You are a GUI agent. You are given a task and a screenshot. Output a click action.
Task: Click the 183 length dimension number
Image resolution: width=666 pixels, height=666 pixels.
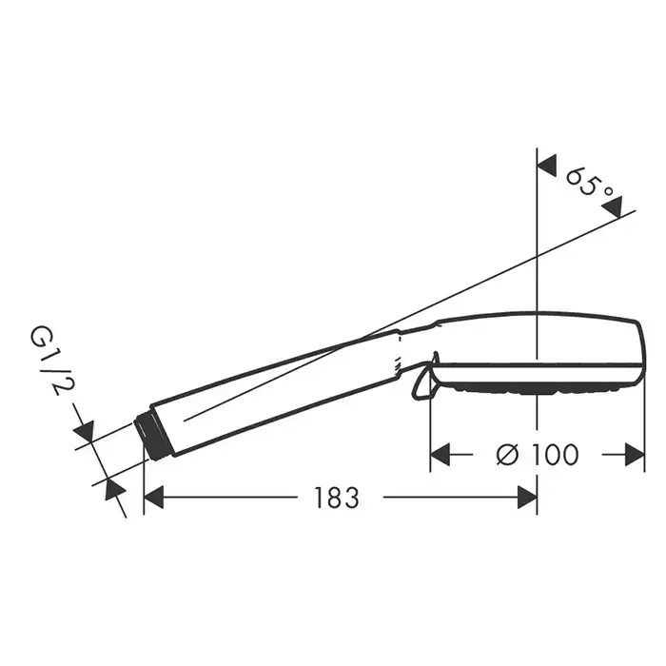pos(337,498)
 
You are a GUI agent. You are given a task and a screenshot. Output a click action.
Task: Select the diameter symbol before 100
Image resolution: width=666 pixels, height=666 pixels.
pos(507,455)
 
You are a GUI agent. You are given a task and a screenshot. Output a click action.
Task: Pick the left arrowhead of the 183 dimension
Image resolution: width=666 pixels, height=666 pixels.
pos(154,498)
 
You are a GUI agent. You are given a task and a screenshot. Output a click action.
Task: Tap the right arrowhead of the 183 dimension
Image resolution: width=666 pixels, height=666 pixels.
pos(527,498)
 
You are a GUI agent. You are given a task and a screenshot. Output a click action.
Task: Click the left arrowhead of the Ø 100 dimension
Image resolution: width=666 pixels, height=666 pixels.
pos(440,455)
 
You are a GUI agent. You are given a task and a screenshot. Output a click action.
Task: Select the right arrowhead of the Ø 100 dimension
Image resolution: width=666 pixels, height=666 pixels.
pos(635,455)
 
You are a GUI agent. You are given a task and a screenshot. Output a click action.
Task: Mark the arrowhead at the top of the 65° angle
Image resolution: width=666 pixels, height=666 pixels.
pos(547,166)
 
